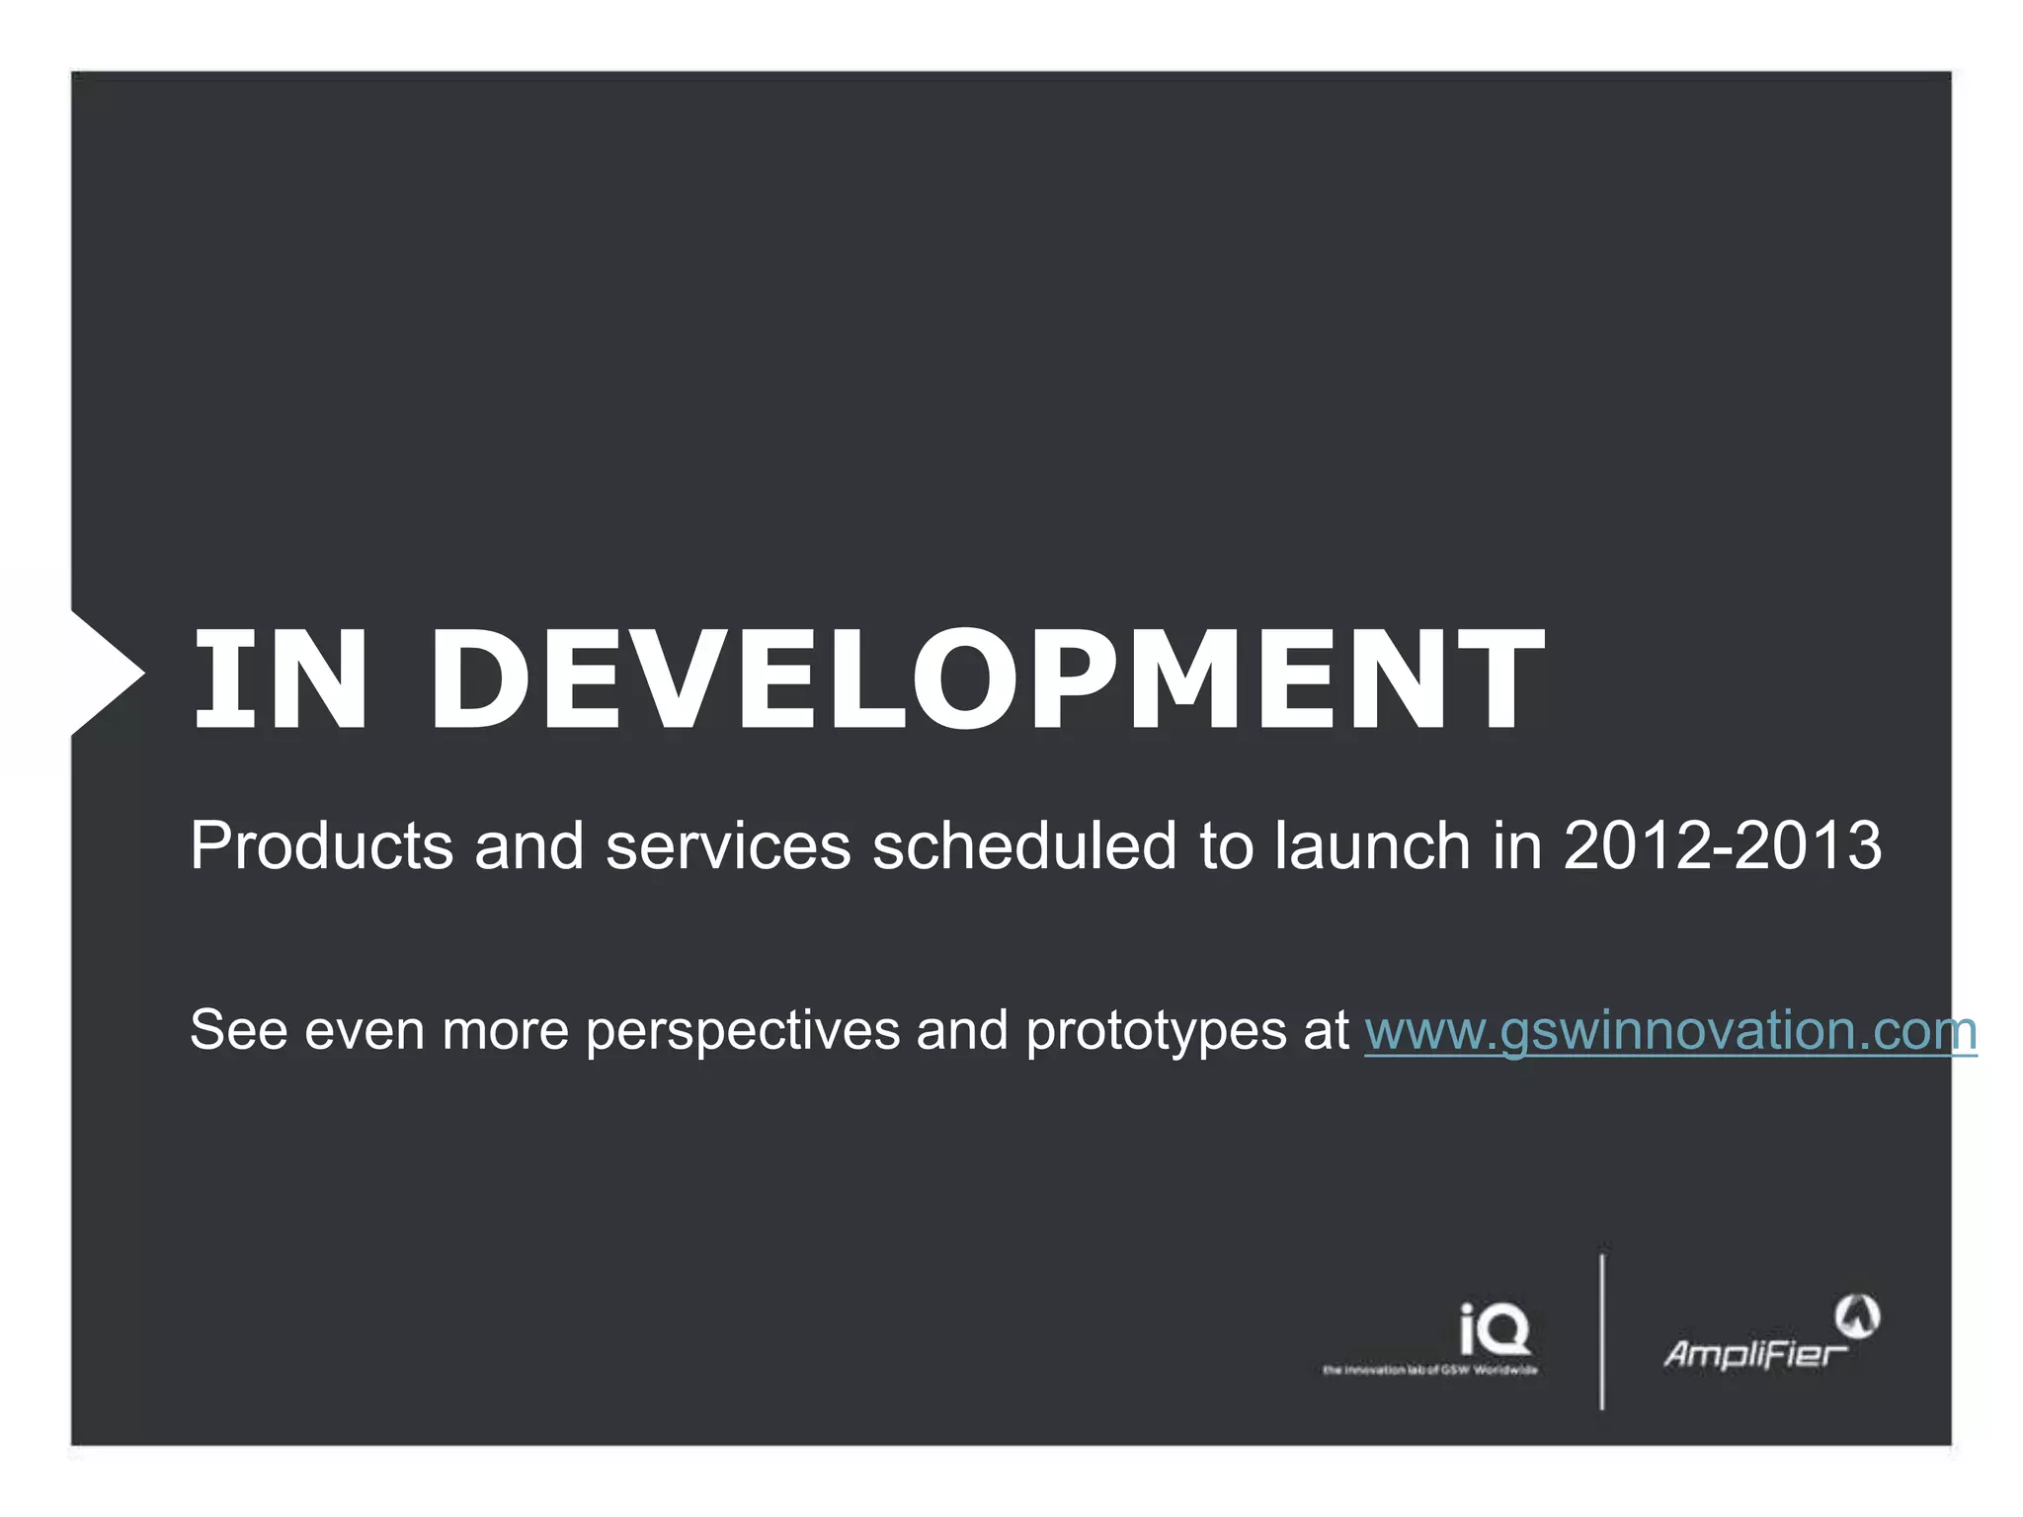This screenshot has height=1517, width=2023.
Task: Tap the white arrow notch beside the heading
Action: [x=104, y=674]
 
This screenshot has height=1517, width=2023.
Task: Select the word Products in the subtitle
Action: [x=321, y=846]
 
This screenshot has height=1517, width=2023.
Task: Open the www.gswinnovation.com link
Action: [x=1669, y=1031]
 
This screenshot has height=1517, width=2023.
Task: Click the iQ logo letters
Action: [x=1495, y=1329]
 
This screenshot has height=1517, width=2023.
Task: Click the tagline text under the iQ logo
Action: [x=1429, y=1370]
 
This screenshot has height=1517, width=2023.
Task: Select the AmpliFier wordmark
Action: [x=1754, y=1353]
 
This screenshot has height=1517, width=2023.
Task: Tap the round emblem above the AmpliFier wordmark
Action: [x=1857, y=1316]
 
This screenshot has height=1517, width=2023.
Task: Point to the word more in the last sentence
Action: [x=504, y=1031]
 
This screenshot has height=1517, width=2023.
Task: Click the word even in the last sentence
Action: [x=364, y=1031]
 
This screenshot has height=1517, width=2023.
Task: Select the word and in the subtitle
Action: [x=528, y=846]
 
